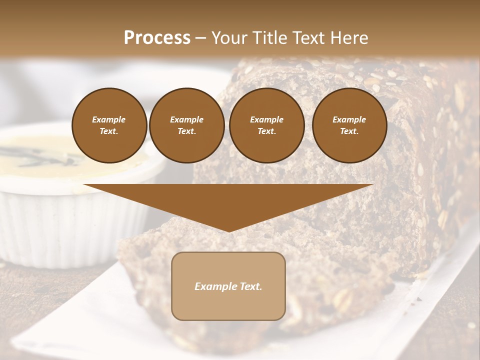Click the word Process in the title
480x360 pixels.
click(x=157, y=37)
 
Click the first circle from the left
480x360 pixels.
click(x=109, y=125)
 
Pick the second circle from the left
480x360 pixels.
click(x=186, y=125)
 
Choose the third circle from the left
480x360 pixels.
click(x=266, y=125)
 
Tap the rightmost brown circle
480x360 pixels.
click(x=349, y=125)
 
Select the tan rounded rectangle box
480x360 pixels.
click(x=228, y=286)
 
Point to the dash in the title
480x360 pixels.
click(x=200, y=38)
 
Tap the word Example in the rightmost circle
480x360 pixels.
click(x=349, y=119)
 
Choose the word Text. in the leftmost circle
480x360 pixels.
click(x=109, y=131)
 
